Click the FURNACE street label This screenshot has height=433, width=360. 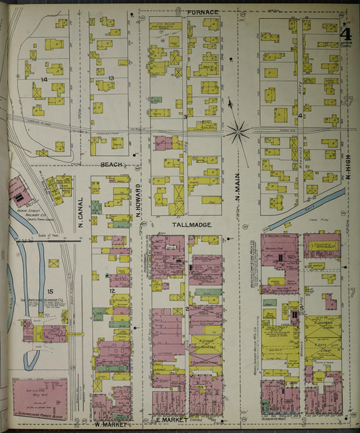[203, 12]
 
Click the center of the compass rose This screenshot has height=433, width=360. [237, 132]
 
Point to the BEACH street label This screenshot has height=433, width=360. [111, 164]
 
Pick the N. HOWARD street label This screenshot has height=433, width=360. [138, 199]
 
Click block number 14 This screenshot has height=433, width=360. [43, 80]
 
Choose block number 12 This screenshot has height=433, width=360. [112, 290]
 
